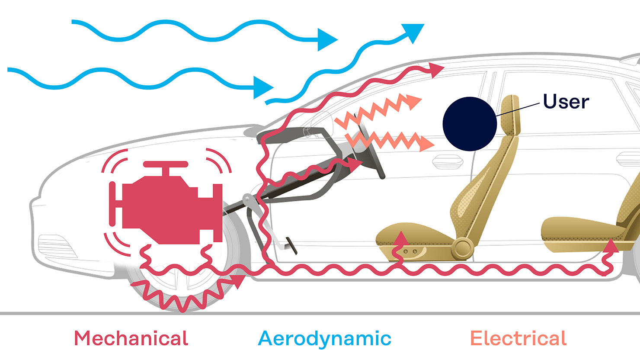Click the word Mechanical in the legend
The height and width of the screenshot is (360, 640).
point(131,338)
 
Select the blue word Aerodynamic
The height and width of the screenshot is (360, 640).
point(325,339)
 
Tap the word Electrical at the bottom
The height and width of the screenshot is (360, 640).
point(518,338)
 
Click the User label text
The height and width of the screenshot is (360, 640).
point(566,102)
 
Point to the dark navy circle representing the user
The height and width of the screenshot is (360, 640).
point(470,124)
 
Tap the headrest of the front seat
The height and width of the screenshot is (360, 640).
point(511,114)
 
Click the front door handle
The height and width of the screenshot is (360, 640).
point(448,162)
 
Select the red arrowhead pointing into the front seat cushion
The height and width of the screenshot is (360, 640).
point(401,238)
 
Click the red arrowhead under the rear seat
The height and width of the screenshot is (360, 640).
point(611,245)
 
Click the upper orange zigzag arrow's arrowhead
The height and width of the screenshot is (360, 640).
point(414,102)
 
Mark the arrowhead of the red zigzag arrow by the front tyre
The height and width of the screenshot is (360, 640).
point(237,282)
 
